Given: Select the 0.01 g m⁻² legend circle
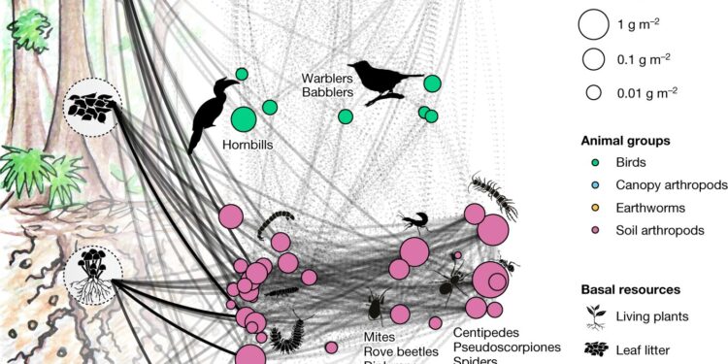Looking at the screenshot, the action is coord(592,93).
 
